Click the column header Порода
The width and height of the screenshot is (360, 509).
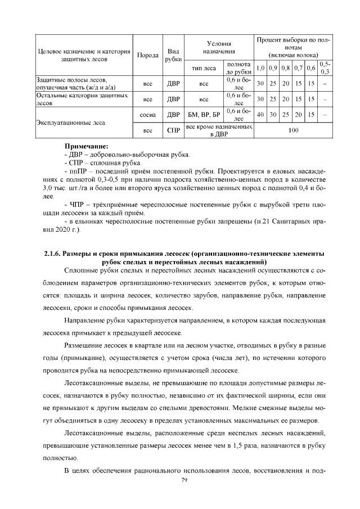[x=148, y=55]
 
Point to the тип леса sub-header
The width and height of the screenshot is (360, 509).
[x=204, y=69]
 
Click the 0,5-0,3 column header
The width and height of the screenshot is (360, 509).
[x=325, y=68]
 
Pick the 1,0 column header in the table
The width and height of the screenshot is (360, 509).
[x=260, y=69]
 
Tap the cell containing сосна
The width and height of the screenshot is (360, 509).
[x=148, y=114]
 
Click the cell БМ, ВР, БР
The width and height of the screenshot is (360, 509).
[x=204, y=114]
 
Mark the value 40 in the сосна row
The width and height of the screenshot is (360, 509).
[x=260, y=114]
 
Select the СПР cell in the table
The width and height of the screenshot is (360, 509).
[x=174, y=129]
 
